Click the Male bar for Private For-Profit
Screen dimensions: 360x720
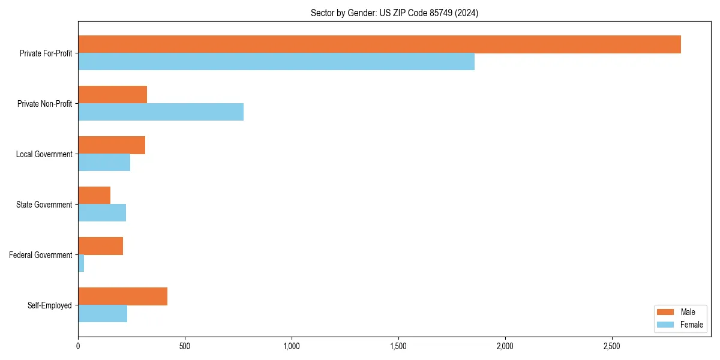tap(379, 44)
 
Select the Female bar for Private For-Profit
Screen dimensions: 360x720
tap(276, 62)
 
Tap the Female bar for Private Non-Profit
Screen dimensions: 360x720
tap(161, 112)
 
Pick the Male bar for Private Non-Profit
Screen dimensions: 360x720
tap(112, 95)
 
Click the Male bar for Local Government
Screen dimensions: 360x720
tap(112, 145)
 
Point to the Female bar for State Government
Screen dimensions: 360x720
tap(102, 213)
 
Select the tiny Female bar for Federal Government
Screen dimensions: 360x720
tap(81, 263)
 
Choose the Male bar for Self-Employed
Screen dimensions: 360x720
tap(122, 296)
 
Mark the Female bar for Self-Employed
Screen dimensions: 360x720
tap(103, 314)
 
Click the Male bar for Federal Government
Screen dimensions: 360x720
tap(100, 246)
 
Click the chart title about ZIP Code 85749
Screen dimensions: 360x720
tap(394, 13)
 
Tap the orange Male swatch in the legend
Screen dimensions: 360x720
tap(666, 312)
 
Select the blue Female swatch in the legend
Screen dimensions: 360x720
tap(666, 325)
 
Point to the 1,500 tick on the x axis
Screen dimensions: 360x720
tap(398, 347)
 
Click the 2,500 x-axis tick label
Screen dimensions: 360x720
tap(612, 347)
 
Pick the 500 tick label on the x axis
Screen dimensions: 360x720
tap(185, 347)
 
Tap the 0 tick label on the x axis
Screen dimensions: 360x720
tap(78, 347)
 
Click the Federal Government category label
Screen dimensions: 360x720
tap(41, 255)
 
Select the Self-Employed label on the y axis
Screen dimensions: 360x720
tap(50, 305)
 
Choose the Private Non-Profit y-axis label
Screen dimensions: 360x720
tap(44, 104)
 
